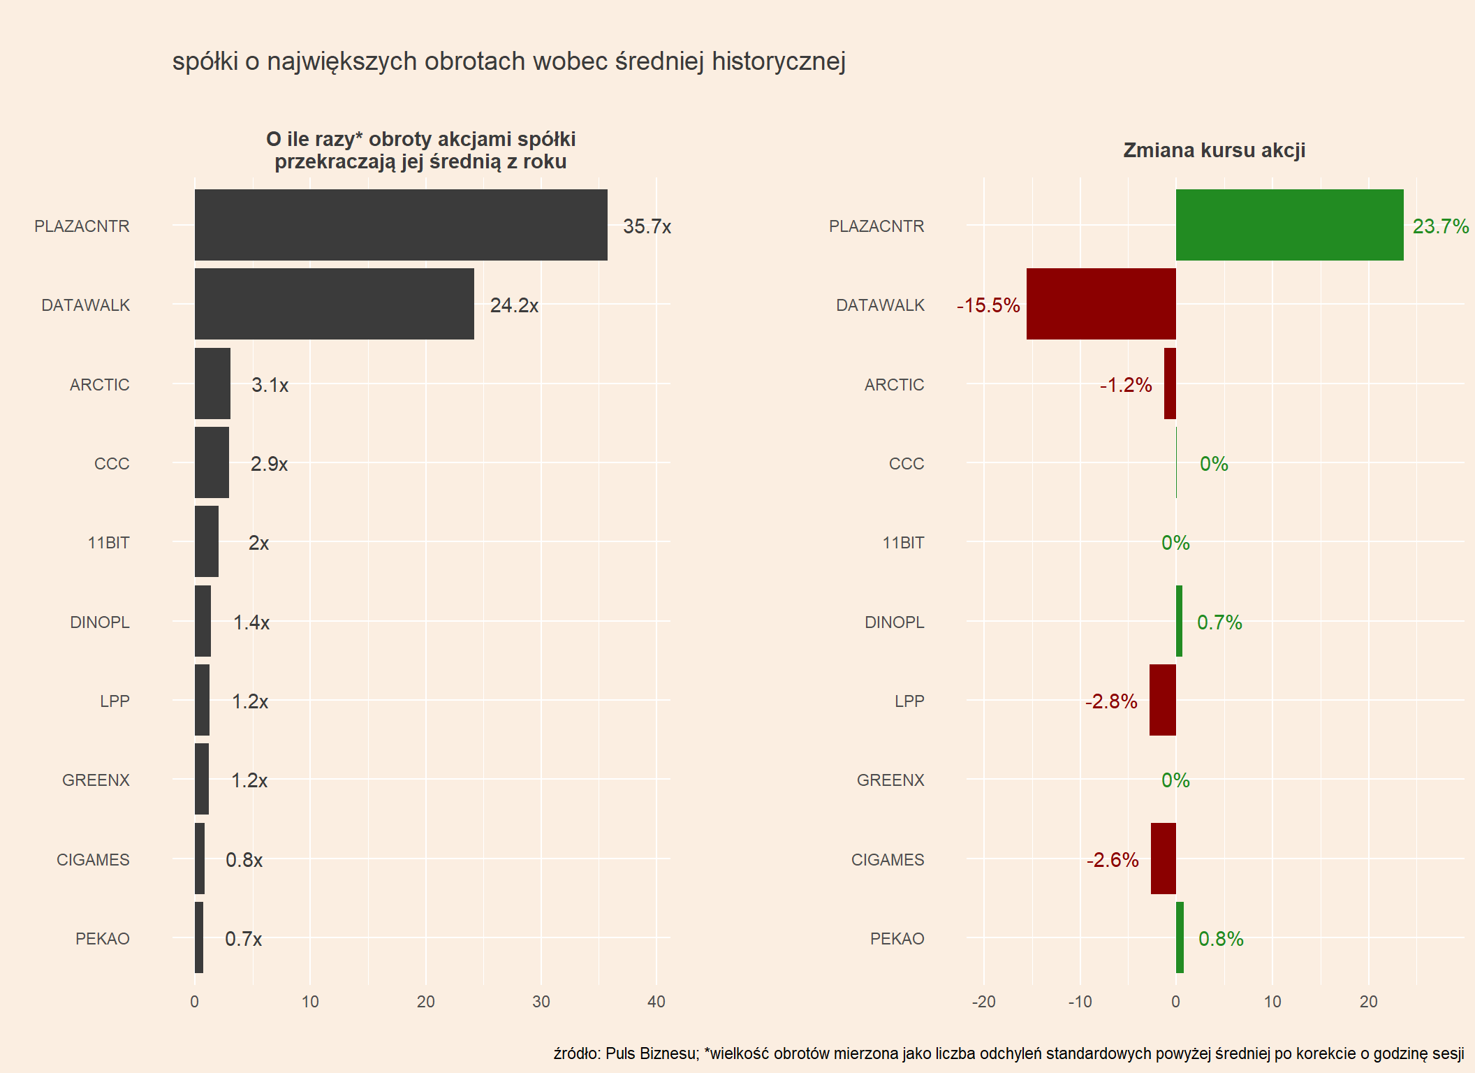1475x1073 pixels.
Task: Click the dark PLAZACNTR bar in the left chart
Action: point(401,225)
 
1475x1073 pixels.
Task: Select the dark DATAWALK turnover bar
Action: point(334,304)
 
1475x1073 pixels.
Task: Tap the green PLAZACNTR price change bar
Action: point(1289,225)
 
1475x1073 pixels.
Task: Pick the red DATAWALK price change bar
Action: point(1101,304)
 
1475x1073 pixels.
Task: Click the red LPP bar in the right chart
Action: point(1162,700)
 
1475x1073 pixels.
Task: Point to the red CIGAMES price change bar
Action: point(1163,859)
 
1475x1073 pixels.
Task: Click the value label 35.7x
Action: point(647,226)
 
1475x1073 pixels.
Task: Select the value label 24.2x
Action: point(514,305)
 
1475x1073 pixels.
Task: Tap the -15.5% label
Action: point(988,305)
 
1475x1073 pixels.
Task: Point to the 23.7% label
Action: point(1440,226)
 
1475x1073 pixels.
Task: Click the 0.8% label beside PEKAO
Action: point(1221,939)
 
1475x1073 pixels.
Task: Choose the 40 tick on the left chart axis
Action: point(656,1002)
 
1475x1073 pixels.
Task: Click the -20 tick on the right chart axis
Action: point(983,1002)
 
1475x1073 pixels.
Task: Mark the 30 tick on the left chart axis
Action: point(541,1002)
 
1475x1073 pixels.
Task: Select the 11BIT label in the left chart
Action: point(108,543)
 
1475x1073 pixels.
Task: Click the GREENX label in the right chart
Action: point(890,780)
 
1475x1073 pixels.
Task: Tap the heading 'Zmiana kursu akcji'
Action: point(1214,150)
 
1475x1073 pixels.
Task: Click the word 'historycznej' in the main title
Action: point(779,61)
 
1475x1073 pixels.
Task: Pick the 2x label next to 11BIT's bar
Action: point(258,543)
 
